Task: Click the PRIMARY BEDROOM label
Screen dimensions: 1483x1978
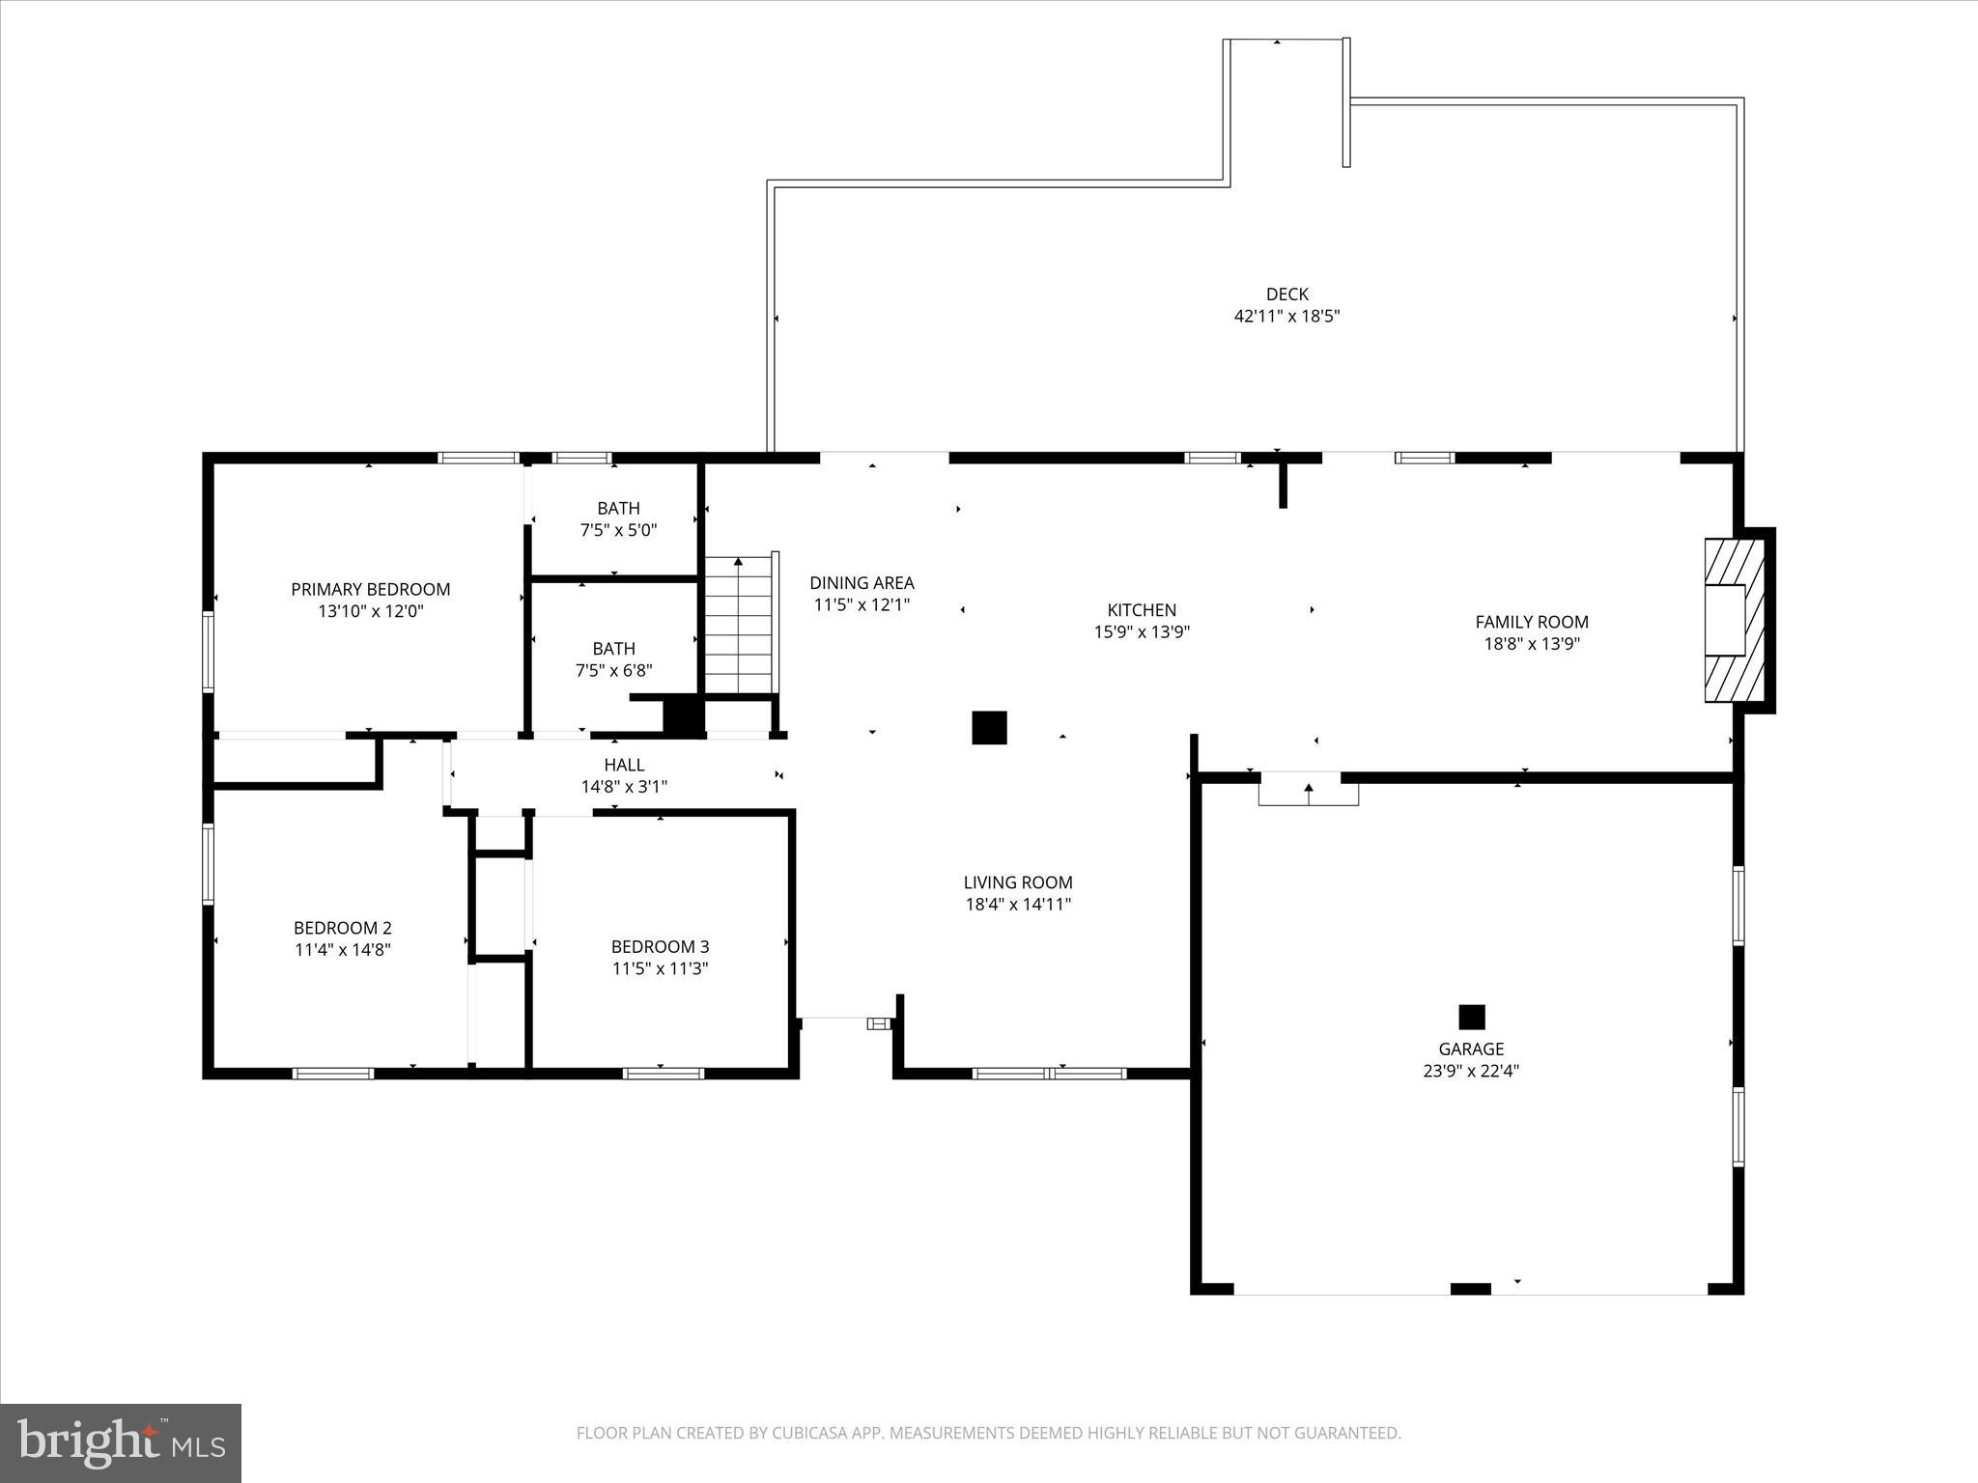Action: tap(370, 589)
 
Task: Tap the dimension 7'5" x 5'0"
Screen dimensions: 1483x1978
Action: tap(618, 530)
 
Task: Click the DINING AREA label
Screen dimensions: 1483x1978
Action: tap(862, 583)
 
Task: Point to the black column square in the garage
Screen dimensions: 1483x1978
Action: tap(1471, 1017)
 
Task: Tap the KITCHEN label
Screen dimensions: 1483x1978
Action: tap(1142, 610)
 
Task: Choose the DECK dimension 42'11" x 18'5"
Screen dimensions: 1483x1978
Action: tap(1286, 316)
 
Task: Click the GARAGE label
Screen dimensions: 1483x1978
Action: tap(1471, 1049)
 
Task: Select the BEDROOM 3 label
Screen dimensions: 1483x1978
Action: tap(660, 946)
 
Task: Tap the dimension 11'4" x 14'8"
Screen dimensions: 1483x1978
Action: tap(343, 949)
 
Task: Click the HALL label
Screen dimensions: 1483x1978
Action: tap(624, 765)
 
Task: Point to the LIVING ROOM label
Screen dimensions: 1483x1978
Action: tap(1018, 882)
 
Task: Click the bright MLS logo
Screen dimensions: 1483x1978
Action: tap(121, 1442)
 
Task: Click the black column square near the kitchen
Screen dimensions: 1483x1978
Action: tap(989, 727)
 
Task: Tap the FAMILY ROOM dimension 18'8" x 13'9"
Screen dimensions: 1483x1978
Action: tap(1531, 644)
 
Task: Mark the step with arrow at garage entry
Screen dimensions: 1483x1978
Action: tap(1308, 791)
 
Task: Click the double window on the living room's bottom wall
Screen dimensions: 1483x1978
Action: tap(1049, 1073)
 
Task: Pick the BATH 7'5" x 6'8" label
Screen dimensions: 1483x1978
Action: tap(614, 649)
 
